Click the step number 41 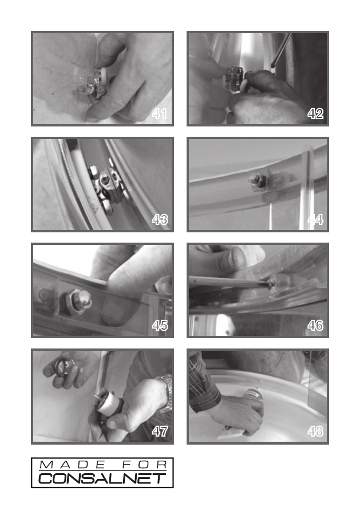pos(160,114)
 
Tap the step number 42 pos(315,114)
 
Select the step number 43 pos(160,220)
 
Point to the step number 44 pos(315,220)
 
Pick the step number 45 pos(160,326)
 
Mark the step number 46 pos(315,326)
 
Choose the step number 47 pos(160,431)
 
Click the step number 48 pos(315,431)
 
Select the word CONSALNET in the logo pos(102,478)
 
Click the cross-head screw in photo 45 pos(43,294)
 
